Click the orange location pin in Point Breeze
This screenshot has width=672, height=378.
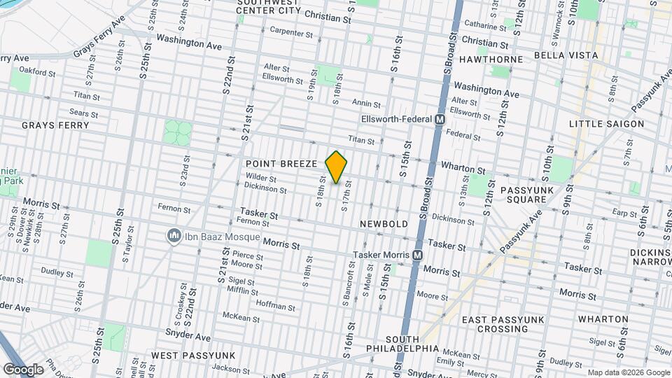tap(337, 167)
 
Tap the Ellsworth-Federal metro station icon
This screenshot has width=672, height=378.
tap(440, 120)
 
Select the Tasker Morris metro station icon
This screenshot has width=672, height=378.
tap(417, 255)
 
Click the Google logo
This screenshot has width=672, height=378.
tap(23, 369)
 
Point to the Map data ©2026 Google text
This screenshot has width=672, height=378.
tap(628, 372)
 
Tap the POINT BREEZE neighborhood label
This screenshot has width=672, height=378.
tap(281, 163)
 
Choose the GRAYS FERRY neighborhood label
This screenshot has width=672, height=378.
tap(55, 125)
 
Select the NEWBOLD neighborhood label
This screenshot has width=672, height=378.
tap(384, 223)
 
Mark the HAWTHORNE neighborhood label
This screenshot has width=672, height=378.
tap(491, 59)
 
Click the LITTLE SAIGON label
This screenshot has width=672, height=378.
tap(606, 124)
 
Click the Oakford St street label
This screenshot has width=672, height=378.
tap(37, 71)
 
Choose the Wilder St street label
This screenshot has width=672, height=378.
tap(262, 178)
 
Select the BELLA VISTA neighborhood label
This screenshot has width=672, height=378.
tap(566, 55)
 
